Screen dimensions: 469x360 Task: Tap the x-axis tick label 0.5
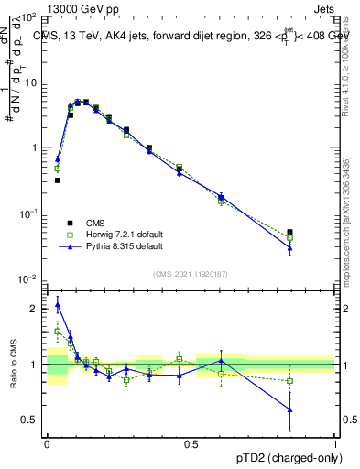[191, 444]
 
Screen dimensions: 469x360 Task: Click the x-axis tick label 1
[334, 444]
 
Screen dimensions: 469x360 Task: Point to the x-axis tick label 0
[47, 444]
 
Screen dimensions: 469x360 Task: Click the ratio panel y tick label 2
[37, 309]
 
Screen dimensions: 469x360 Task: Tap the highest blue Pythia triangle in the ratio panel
[58, 304]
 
